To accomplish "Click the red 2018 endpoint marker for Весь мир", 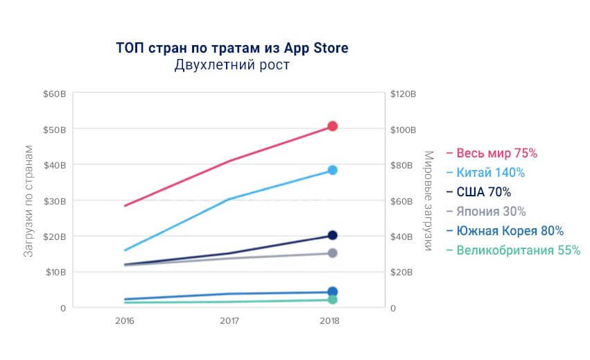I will pyautogui.click(x=332, y=126).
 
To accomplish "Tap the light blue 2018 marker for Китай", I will pyautogui.click(x=332, y=170).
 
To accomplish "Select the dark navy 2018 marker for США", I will pyautogui.click(x=332, y=236).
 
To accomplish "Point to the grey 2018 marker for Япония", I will pyautogui.click(x=332, y=253).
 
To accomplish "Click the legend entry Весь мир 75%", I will pyautogui.click(x=492, y=153).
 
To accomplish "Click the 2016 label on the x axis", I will pyautogui.click(x=125, y=321).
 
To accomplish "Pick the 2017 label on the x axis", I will pyautogui.click(x=229, y=321).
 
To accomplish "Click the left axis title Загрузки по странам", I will pyautogui.click(x=29, y=201).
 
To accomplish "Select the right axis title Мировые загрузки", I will pyautogui.click(x=428, y=200).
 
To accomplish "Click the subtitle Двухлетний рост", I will pyautogui.click(x=232, y=66).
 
